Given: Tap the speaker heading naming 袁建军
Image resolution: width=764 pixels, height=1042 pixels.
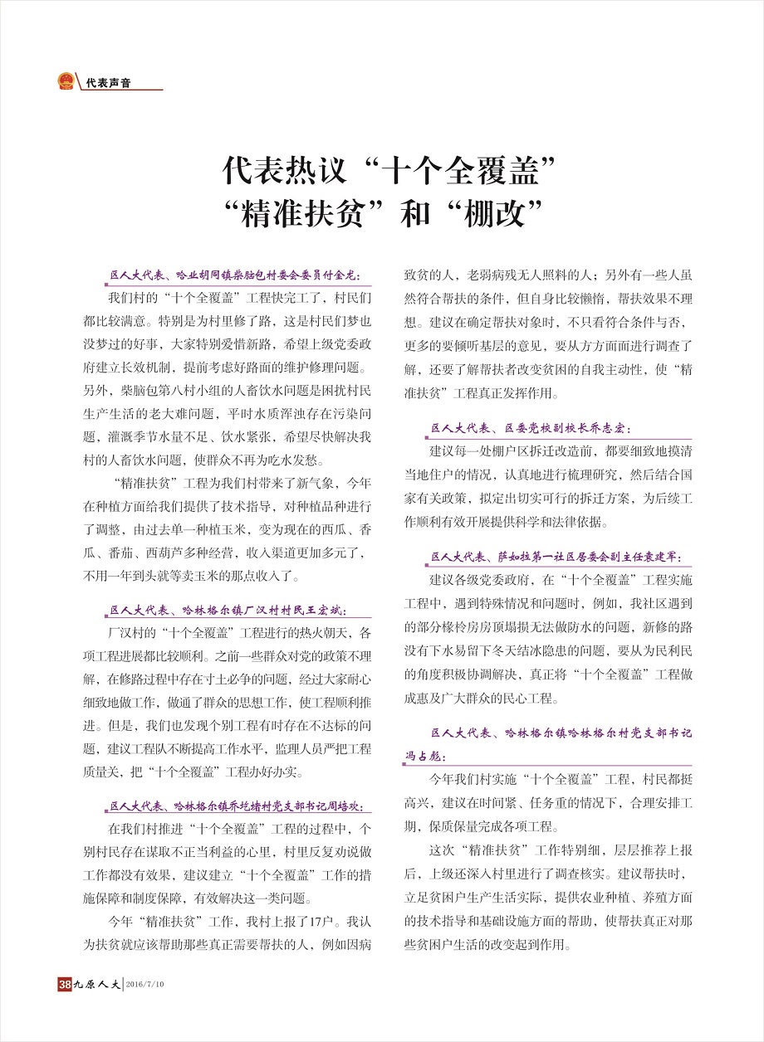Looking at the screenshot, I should (561, 557).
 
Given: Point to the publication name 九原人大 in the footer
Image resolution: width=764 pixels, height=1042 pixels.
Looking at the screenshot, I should (97, 985).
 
